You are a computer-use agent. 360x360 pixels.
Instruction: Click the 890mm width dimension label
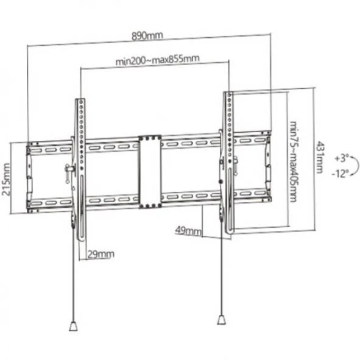(147, 36)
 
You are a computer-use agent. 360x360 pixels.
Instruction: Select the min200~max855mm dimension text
(158, 60)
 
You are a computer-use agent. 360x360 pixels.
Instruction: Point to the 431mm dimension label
(320, 157)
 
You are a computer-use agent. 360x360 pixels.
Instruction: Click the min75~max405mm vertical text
(294, 161)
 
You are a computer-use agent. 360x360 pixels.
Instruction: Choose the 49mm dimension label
(188, 230)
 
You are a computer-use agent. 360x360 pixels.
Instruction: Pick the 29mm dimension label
(101, 254)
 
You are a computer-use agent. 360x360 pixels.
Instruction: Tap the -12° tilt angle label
(340, 174)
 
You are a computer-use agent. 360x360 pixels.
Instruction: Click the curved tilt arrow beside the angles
(358, 166)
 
